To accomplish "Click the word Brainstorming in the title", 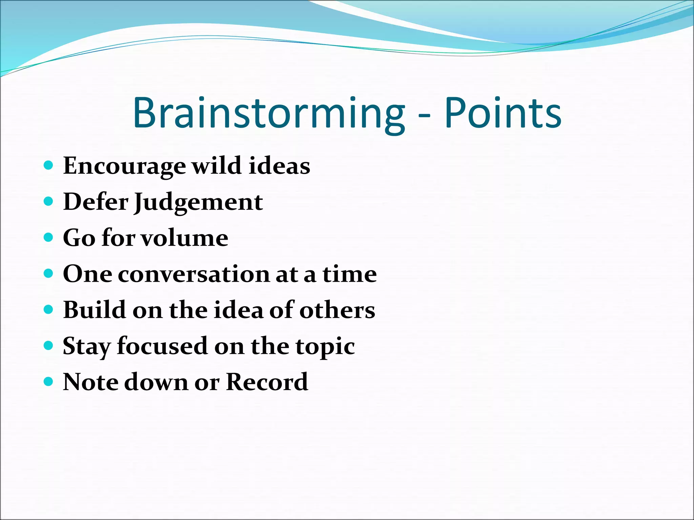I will coord(269,113).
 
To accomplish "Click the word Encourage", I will coord(124,166).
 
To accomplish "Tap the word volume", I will coord(185,238).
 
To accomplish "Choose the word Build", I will coord(95,310).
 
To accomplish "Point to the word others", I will coord(337,310).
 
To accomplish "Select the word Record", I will coord(267,382).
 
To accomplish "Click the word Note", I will coord(90,382).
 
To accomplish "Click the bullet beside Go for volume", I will coord(49,237).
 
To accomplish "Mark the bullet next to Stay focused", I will coord(49,346).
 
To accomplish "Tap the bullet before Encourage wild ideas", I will coord(49,165).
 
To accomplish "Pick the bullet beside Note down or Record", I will coord(49,382).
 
